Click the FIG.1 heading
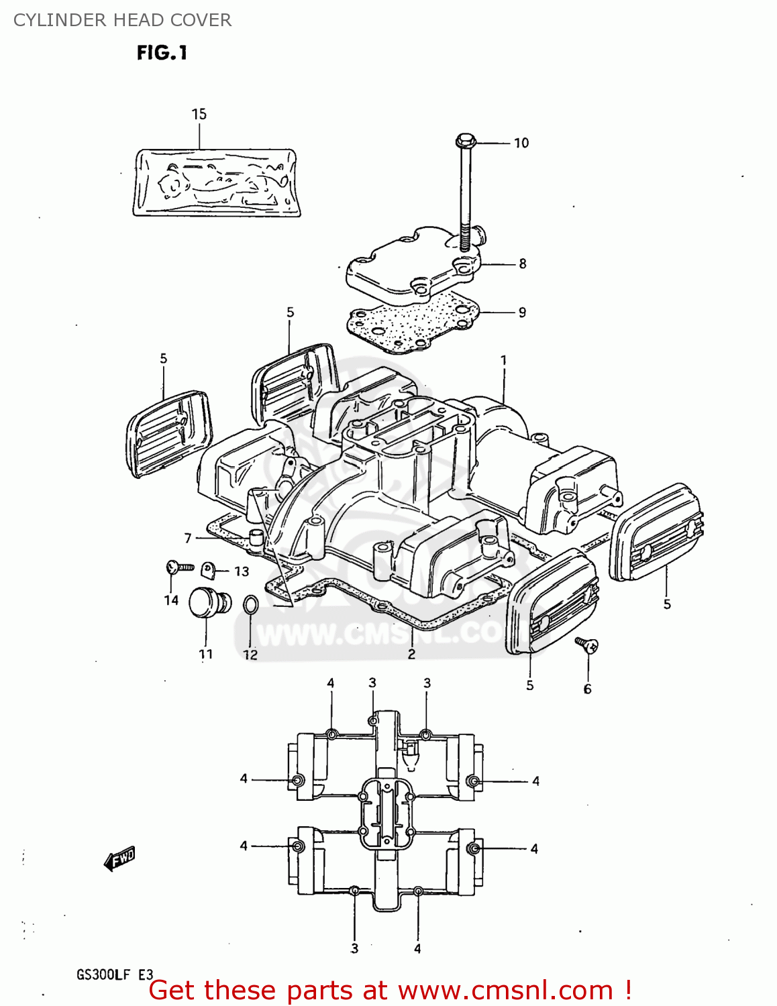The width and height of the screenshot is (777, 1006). (x=162, y=53)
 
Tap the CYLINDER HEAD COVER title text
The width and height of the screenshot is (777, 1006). (x=122, y=20)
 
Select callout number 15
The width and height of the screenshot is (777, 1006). (x=199, y=114)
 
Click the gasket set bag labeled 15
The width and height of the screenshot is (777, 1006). (x=215, y=182)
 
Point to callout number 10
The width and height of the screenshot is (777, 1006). (x=521, y=143)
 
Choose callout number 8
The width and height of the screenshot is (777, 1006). (x=522, y=264)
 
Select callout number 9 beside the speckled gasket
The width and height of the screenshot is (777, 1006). (x=522, y=312)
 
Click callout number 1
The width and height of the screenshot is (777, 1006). (x=503, y=360)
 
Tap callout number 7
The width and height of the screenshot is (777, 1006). (x=188, y=538)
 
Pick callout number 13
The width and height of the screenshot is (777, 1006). (x=242, y=571)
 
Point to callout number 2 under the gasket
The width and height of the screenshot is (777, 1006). (x=411, y=654)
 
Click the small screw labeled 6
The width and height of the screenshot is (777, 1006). (x=588, y=646)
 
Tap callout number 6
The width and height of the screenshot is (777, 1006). (x=587, y=689)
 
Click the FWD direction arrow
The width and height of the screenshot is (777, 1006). (x=119, y=858)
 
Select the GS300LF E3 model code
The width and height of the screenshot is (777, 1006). (x=115, y=975)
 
